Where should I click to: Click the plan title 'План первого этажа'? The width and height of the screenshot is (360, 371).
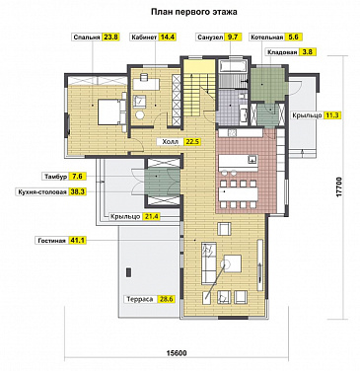194,12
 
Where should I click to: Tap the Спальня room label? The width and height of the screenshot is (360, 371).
87,37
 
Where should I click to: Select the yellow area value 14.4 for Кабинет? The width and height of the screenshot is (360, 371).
167,37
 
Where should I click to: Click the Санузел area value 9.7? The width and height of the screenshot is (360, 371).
232,37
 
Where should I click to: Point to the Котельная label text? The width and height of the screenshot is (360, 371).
267,37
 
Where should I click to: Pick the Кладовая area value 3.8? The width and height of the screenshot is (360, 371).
302,52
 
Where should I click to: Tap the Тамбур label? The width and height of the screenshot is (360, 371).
56,177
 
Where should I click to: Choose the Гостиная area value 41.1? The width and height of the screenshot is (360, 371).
78,241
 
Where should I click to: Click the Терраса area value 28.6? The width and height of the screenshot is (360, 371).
166,299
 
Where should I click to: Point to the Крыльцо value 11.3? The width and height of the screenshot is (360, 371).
332,115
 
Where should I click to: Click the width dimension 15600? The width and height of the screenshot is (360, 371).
177,354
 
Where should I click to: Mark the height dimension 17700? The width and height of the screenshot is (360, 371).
339,187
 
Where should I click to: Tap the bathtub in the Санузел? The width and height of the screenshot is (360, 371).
233,67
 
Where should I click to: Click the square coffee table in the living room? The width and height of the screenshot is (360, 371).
233,263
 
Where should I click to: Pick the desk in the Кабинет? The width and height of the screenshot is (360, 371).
146,84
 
